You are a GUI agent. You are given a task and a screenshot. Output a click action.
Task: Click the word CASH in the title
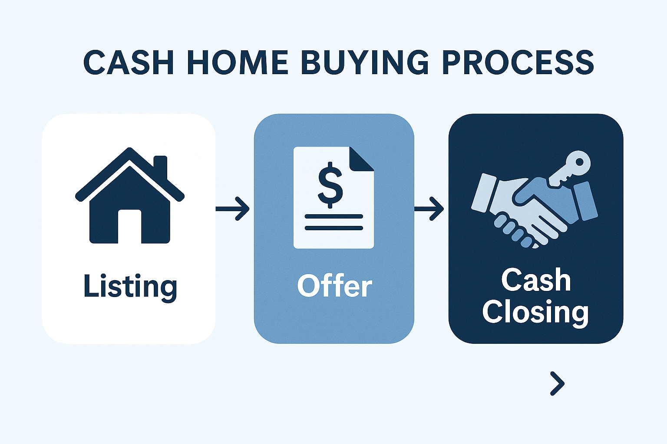129,63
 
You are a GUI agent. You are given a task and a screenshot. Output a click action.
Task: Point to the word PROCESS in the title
518,63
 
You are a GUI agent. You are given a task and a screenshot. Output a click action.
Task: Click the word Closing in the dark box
535,313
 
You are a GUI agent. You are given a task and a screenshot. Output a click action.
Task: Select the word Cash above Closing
536,280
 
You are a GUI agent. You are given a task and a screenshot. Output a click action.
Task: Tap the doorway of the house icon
129,226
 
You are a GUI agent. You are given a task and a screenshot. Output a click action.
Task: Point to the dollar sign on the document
330,185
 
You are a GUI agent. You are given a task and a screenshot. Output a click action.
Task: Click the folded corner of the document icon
361,159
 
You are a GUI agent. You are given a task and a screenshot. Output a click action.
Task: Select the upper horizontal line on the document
334,216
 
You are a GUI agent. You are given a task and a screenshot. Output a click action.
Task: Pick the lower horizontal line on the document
334,228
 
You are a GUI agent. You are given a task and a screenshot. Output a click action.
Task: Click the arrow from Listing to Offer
232,209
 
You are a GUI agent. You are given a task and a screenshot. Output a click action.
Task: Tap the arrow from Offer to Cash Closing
429,209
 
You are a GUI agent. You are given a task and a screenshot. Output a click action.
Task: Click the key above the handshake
569,169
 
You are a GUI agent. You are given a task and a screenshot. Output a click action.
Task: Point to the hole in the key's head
579,162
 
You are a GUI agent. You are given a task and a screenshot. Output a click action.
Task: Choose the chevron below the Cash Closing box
558,384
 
